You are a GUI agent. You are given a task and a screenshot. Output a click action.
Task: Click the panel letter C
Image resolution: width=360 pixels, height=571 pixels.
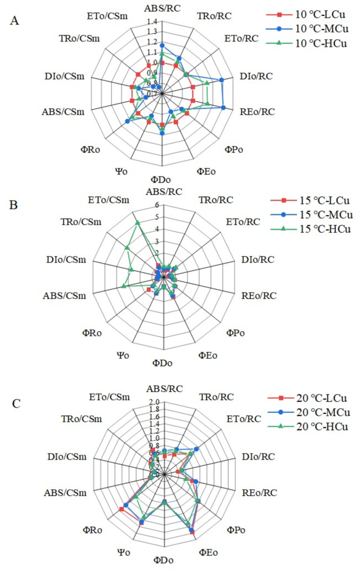click(16, 403)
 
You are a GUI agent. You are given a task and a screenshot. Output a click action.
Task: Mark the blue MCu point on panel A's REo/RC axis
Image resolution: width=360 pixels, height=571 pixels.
click(224, 108)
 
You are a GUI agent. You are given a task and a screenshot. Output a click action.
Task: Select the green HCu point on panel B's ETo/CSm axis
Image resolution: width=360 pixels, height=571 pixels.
click(138, 223)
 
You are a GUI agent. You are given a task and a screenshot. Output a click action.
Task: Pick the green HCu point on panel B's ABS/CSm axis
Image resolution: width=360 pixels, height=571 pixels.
click(124, 286)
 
